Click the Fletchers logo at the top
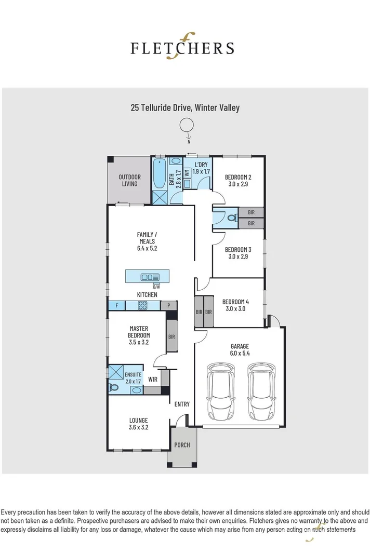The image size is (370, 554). coord(182,48)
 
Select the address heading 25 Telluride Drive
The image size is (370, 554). coord(184,108)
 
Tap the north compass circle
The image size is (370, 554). coord(186,126)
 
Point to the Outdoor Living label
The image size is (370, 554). coord(129,180)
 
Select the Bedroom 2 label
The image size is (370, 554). coord(238,178)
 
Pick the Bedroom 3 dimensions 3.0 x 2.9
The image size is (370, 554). coord(238,256)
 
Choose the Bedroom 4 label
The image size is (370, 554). coord(235,302)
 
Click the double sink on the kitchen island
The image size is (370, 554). coord(151,277)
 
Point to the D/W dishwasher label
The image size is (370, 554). coord(156,286)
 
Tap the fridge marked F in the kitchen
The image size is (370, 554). coord(117,306)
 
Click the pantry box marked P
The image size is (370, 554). coord(168,306)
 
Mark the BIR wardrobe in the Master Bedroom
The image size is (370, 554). coord(171,336)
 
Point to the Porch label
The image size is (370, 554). coord(182,445)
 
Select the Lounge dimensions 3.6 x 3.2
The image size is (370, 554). coord(139,428)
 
